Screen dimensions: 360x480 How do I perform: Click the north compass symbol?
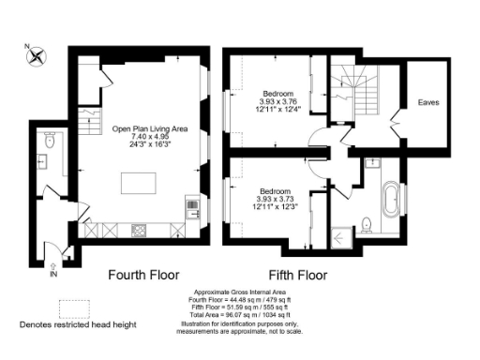point(37,55)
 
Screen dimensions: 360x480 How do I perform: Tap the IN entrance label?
point(53,274)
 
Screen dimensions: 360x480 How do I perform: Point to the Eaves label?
point(428,102)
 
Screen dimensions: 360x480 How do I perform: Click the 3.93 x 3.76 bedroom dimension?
point(278,104)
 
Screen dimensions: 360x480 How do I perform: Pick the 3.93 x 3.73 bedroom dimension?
point(277,199)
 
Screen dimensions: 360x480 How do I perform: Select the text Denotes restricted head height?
point(79,325)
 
